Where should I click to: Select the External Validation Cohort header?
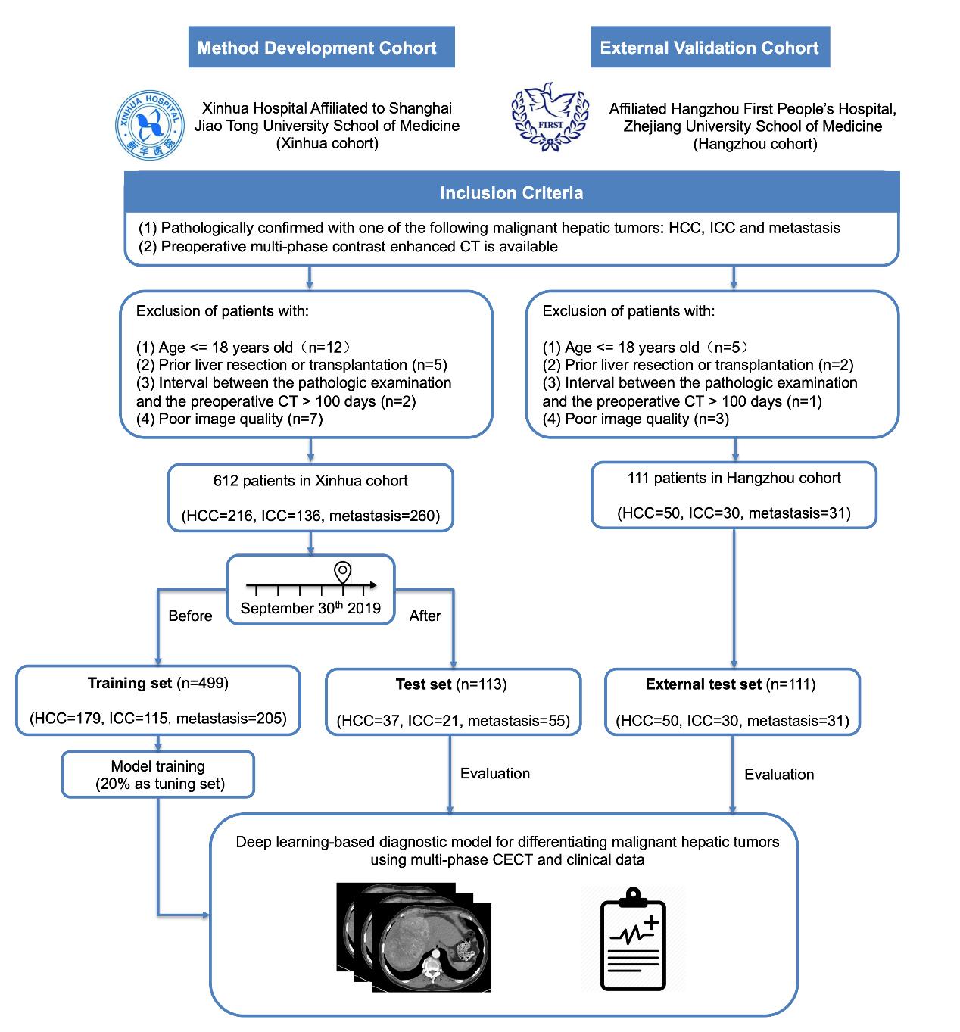click(x=709, y=48)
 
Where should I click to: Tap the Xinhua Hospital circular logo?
click(x=148, y=126)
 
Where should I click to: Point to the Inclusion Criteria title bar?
click(x=512, y=193)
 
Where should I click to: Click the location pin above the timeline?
click(x=343, y=571)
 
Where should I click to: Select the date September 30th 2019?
click(x=310, y=608)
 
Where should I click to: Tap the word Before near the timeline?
click(x=190, y=616)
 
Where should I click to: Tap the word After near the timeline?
click(x=425, y=616)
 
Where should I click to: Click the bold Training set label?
click(x=129, y=683)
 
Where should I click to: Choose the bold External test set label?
click(x=703, y=684)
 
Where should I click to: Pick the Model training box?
click(x=158, y=775)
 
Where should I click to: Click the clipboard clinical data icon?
click(x=633, y=940)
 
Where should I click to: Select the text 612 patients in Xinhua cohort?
click(x=310, y=481)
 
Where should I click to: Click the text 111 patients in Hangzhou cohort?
click(x=734, y=478)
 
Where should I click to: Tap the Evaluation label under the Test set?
click(x=495, y=773)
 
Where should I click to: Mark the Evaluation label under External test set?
click(x=779, y=774)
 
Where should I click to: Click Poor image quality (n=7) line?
click(x=229, y=419)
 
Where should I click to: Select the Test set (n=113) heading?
click(x=451, y=684)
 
